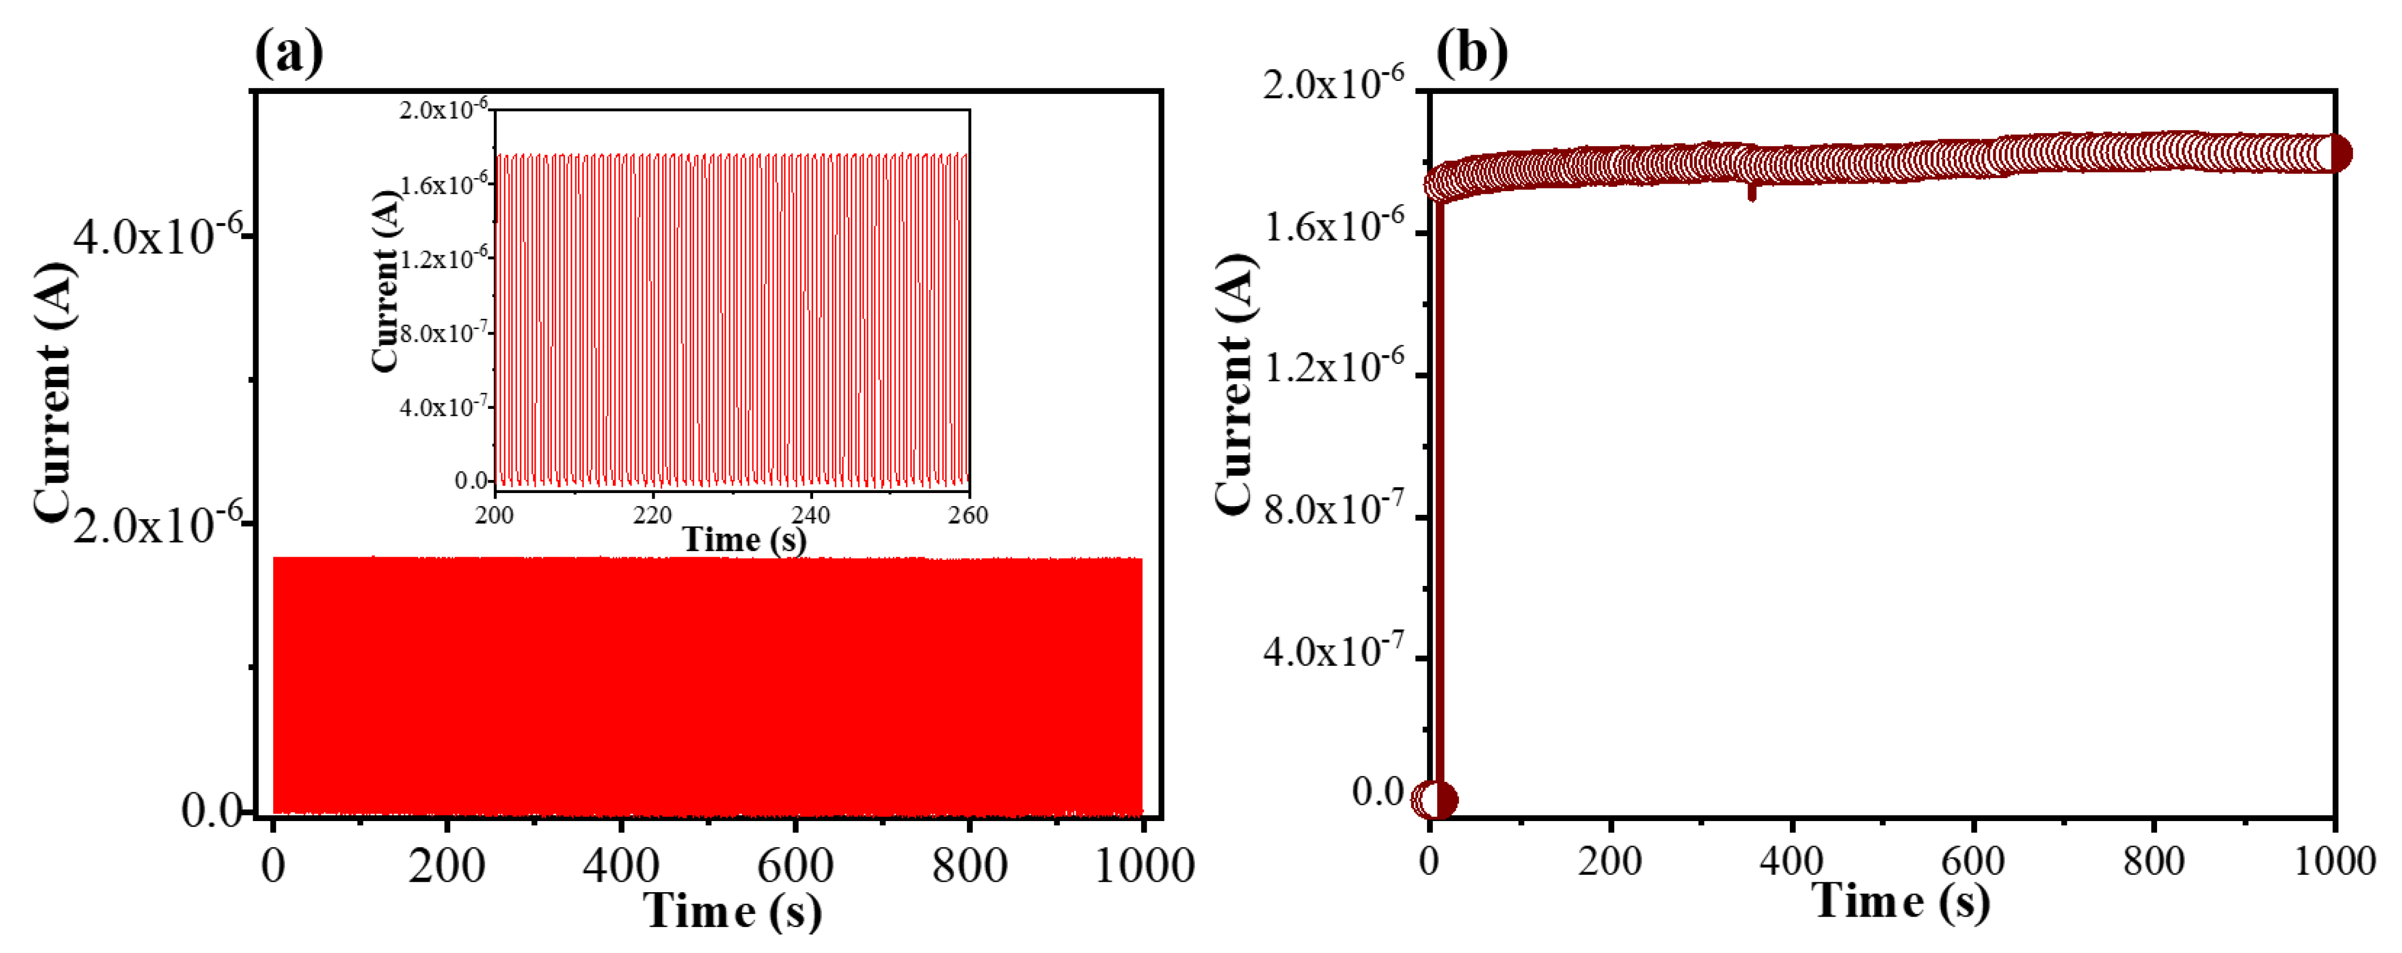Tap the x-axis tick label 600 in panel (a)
(x=795, y=866)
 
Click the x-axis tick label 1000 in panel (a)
(x=1143, y=866)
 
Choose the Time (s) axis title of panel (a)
(x=733, y=911)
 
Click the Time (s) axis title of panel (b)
(x=1900, y=902)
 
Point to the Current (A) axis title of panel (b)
(x=1236, y=382)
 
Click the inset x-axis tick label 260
(x=968, y=515)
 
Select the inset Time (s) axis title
(x=744, y=539)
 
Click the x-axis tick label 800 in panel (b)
(x=2154, y=860)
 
